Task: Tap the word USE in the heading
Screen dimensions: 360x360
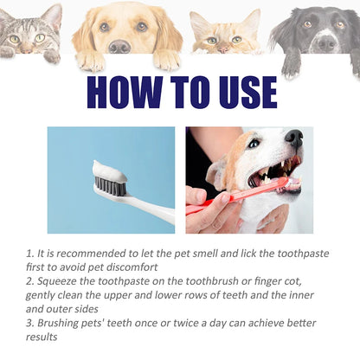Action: [x=247, y=93]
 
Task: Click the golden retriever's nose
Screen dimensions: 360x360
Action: [x=119, y=46]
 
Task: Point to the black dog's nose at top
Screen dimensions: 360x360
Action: [x=326, y=43]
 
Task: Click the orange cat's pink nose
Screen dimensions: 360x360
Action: [x=223, y=49]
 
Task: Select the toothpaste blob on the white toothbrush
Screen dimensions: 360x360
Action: [x=109, y=170]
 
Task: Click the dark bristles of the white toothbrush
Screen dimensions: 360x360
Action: [x=111, y=187]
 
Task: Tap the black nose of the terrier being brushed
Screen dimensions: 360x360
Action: [x=294, y=138]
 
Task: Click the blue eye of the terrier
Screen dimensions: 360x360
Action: [x=254, y=143]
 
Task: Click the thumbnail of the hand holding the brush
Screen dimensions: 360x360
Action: [x=225, y=198]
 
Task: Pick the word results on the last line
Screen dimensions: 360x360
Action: [x=42, y=337]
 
